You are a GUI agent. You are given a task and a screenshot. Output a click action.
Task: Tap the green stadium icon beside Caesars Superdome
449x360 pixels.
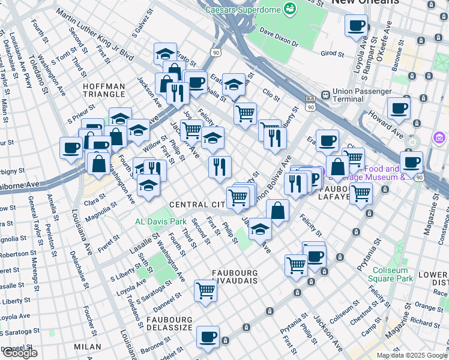click(x=290, y=9)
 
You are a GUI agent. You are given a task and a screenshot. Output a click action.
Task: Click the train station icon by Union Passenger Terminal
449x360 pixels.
click(x=325, y=94)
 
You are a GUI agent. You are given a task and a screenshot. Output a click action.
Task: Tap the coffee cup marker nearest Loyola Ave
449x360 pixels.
click(x=357, y=26)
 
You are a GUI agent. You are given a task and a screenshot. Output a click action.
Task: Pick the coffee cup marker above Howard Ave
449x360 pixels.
click(x=399, y=109)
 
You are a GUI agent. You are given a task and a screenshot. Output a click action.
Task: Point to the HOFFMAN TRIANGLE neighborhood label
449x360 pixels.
click(x=104, y=91)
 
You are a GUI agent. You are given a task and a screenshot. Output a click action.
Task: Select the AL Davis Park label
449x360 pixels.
click(x=161, y=221)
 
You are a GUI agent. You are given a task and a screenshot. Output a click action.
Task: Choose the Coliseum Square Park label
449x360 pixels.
click(x=393, y=274)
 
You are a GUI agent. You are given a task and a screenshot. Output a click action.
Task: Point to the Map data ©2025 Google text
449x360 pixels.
click(x=412, y=355)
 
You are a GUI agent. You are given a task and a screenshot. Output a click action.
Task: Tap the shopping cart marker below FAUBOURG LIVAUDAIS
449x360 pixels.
click(x=205, y=291)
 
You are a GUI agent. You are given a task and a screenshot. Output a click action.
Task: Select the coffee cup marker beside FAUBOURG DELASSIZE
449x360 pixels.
click(x=208, y=337)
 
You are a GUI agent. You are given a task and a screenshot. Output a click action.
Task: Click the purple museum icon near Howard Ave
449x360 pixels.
click(x=439, y=138)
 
